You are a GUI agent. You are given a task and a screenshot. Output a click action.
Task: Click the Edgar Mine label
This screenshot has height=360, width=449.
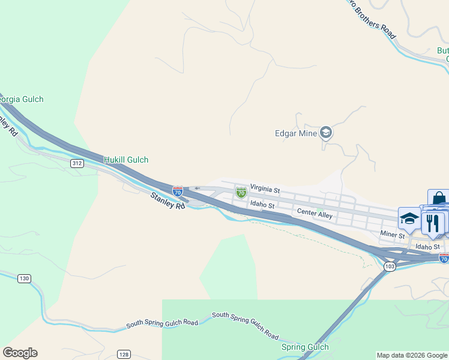[x=295, y=133]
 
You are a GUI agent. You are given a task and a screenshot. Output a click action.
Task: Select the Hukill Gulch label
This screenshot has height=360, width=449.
[x=126, y=160]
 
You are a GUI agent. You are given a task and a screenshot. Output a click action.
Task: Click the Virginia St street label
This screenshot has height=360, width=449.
[x=265, y=189]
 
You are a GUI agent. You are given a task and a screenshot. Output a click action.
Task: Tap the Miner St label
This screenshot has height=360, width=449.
[x=393, y=234]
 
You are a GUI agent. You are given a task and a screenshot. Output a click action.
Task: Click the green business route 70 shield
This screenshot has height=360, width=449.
[x=241, y=193]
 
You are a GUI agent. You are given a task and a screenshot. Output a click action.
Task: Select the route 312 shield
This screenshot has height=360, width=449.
[x=76, y=163]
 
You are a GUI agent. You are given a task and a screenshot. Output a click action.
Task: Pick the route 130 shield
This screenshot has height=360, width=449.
[x=24, y=278]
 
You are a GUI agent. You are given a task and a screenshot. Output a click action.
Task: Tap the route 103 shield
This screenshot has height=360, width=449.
[x=390, y=266]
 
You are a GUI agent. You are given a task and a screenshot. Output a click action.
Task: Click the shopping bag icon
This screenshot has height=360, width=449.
[x=438, y=199]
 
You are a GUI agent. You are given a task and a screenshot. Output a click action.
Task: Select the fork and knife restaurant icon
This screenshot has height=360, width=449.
[x=432, y=222]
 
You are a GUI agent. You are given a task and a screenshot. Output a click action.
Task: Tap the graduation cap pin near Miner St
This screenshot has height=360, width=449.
[x=409, y=219]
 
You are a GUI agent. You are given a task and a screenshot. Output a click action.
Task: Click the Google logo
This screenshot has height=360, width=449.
[x=20, y=353]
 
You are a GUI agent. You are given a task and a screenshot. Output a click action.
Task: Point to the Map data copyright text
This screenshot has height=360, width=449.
[x=412, y=355]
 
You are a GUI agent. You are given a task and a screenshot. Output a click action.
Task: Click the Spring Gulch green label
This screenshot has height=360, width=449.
[x=305, y=347]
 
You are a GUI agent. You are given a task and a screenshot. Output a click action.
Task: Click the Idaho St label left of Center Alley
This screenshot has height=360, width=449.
[x=262, y=205]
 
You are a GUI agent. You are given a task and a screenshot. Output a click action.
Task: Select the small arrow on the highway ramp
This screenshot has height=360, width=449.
[x=197, y=188]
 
